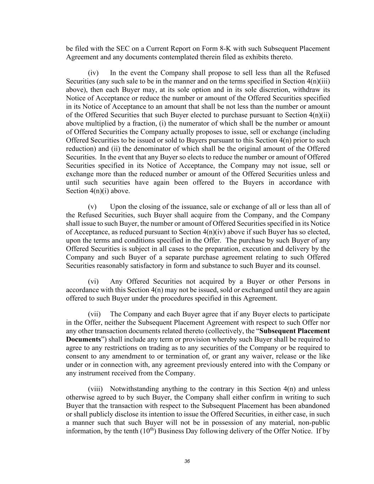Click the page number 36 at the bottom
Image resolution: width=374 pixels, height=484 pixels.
[187, 461]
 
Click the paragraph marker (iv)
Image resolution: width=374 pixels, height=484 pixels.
[93, 73]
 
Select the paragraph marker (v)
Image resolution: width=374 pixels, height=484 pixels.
[92, 207]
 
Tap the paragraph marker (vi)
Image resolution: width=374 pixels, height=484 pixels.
[93, 282]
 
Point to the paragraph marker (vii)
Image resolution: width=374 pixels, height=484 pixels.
[94, 314]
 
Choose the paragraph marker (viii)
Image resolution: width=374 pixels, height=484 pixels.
[95, 389]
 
